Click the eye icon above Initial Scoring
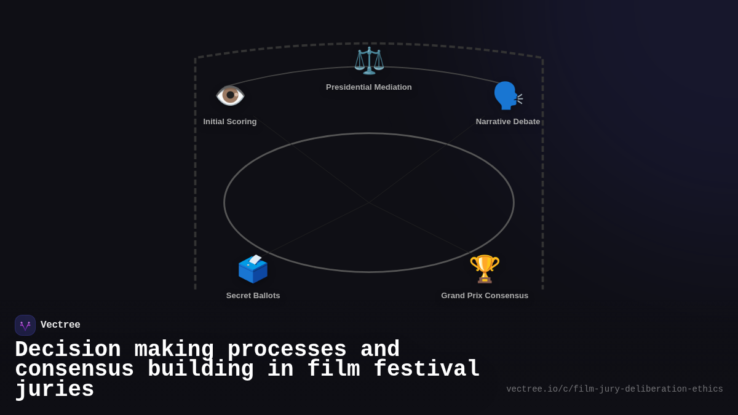pos(230,95)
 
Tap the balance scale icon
pos(369,60)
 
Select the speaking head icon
pos(507,95)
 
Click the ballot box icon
pos(253,269)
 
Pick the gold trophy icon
pos(485,269)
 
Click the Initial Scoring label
pos(230,122)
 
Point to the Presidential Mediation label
pos(369,87)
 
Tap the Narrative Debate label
pos(508,122)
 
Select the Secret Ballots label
pos(253,296)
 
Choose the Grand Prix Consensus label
pos(485,296)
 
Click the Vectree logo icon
pos(25,325)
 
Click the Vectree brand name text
pos(60,325)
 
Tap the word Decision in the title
pos(68,349)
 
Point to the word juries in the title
pos(55,390)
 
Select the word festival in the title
pos(427,370)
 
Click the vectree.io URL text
pos(614,389)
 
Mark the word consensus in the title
pos(74,370)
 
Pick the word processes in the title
pos(287,349)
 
